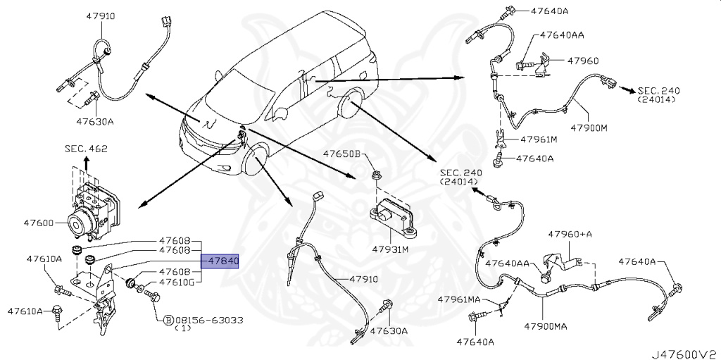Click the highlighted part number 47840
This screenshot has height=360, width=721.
coord(222,261)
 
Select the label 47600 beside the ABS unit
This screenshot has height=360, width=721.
coord(39,223)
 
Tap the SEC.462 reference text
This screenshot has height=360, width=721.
coord(85,149)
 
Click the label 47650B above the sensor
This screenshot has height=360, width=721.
coord(341,154)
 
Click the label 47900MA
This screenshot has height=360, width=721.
coord(558,327)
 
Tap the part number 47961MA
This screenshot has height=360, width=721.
coord(458,299)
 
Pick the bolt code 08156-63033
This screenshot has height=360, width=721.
coord(209,320)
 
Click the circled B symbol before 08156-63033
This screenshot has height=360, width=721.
coord(168,320)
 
